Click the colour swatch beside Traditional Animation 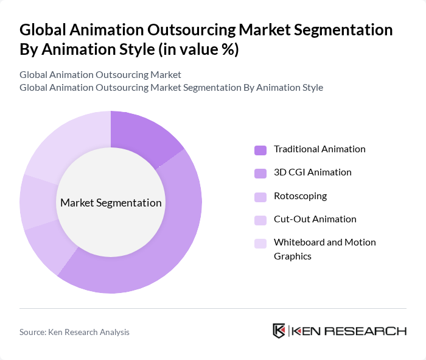[260, 150]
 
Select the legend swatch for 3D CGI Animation [260, 173]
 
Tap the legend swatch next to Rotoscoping [260, 197]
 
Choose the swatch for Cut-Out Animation [260, 220]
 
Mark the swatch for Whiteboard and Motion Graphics [260, 243]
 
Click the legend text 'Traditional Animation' [319, 149]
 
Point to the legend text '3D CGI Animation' [312, 172]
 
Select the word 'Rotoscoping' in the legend [300, 196]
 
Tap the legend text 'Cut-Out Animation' [315, 219]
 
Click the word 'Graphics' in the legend [293, 256]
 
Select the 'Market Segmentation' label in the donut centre [111, 203]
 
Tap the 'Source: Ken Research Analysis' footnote [74, 332]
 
